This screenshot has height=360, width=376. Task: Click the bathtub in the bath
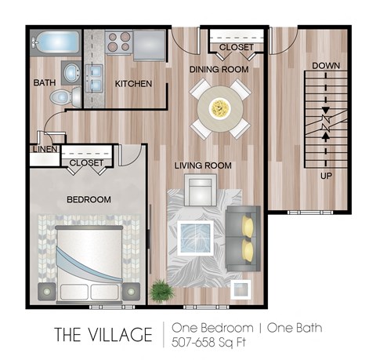click(56, 42)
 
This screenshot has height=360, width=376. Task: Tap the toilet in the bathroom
click(66, 97)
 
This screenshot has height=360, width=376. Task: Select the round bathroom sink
click(71, 73)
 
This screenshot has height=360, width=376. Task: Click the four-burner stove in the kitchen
click(119, 42)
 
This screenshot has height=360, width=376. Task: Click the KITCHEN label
click(133, 84)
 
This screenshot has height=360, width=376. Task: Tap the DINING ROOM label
click(219, 70)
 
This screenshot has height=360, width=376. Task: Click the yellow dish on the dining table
click(220, 108)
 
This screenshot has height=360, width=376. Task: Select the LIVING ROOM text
click(203, 165)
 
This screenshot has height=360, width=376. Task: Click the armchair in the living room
click(201, 190)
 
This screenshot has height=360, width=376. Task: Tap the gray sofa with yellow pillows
click(243, 238)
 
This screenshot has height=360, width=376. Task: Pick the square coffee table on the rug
click(195, 238)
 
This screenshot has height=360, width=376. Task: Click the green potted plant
click(162, 291)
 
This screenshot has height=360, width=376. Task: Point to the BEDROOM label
click(89, 199)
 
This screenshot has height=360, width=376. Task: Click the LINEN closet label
click(45, 149)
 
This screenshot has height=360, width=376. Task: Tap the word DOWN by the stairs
click(326, 66)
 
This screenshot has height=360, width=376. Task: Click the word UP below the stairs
click(326, 176)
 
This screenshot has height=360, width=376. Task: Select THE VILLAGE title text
click(103, 334)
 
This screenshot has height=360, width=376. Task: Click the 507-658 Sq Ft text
click(208, 342)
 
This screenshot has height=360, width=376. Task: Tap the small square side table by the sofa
click(240, 289)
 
